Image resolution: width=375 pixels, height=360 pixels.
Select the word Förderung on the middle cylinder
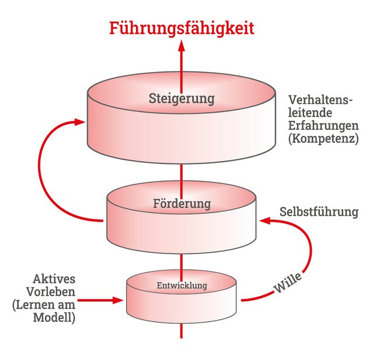(x=182, y=204)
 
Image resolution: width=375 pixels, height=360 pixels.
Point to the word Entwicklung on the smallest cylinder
(x=182, y=285)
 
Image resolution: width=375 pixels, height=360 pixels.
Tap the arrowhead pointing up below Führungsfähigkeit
(x=182, y=47)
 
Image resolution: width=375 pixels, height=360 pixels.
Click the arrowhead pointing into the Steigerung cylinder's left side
(x=81, y=122)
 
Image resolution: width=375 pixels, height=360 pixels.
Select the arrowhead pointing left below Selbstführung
(x=265, y=221)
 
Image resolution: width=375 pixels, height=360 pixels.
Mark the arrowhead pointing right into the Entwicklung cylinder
(x=120, y=301)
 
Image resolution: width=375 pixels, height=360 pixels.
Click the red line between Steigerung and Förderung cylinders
(x=182, y=176)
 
